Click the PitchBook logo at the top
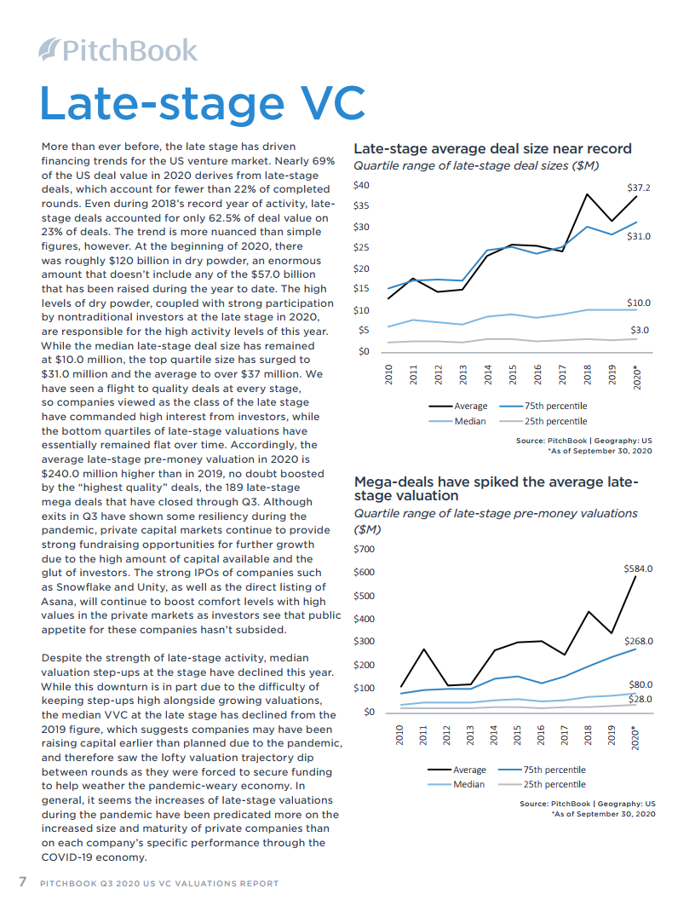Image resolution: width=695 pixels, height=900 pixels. [x=118, y=50]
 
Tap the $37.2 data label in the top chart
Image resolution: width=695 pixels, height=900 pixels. [x=638, y=187]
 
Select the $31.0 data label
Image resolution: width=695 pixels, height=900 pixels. [x=638, y=236]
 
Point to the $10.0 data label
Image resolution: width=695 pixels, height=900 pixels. [x=638, y=303]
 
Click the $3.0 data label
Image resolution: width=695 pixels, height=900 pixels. [x=640, y=330]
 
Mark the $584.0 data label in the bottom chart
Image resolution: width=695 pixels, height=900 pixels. [x=637, y=568]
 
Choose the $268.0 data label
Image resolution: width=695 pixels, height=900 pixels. [x=637, y=641]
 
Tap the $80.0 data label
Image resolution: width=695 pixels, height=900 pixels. [x=640, y=684]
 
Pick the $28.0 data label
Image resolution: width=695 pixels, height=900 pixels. [x=640, y=700]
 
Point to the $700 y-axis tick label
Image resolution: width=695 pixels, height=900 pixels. [x=364, y=548]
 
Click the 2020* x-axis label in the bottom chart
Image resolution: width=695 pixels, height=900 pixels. [x=635, y=734]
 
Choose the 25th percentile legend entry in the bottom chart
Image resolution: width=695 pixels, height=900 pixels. [x=554, y=784]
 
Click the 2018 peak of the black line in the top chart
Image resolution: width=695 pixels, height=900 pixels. [x=587, y=194]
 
